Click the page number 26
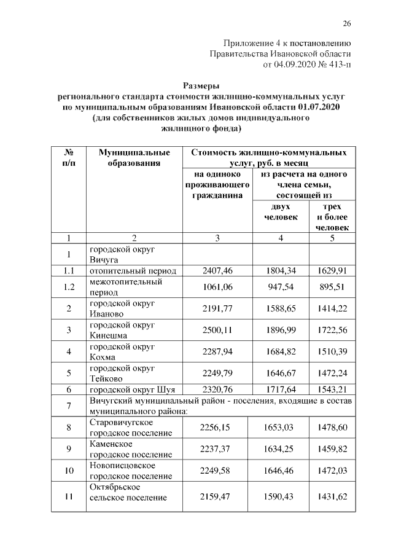point(346,24)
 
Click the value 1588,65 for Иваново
point(281,308)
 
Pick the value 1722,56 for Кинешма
point(332,331)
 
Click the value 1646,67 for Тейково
point(281,374)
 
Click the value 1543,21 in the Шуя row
point(332,390)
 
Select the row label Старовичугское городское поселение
point(131,428)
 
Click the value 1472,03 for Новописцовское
point(332,471)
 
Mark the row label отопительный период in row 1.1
point(133,270)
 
